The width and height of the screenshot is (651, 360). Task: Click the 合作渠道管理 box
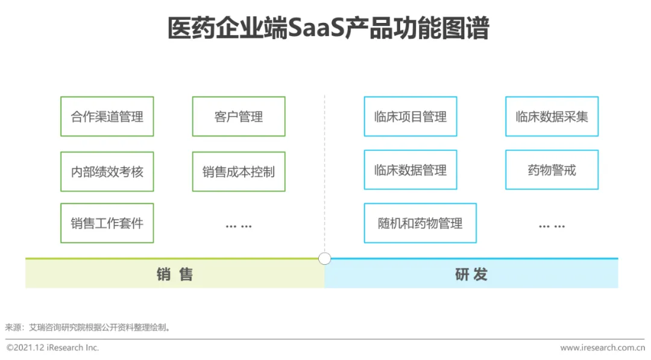[x=107, y=116]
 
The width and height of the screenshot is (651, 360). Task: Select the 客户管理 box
[x=239, y=116]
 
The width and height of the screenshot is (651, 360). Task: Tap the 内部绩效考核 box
[x=107, y=172]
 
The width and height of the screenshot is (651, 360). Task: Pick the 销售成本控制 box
[x=239, y=172]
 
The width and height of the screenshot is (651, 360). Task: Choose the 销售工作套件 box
[x=107, y=223]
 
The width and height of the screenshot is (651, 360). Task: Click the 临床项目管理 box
[x=410, y=116]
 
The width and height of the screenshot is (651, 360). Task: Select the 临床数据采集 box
[x=552, y=116]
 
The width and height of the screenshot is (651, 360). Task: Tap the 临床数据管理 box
[x=410, y=170]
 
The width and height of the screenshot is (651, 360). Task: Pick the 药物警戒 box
[x=552, y=170]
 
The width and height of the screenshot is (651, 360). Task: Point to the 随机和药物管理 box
[x=420, y=223]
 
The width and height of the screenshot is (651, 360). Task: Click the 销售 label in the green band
[x=175, y=275]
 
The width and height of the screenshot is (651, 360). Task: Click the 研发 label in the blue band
[x=471, y=275]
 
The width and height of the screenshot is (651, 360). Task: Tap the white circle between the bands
[x=325, y=259]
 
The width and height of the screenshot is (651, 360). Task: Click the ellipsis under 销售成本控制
[x=239, y=226]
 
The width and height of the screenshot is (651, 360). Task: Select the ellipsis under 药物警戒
[x=552, y=226]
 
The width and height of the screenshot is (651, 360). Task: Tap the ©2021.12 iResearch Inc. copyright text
[x=53, y=348]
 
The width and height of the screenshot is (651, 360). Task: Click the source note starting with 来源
[x=88, y=327]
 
